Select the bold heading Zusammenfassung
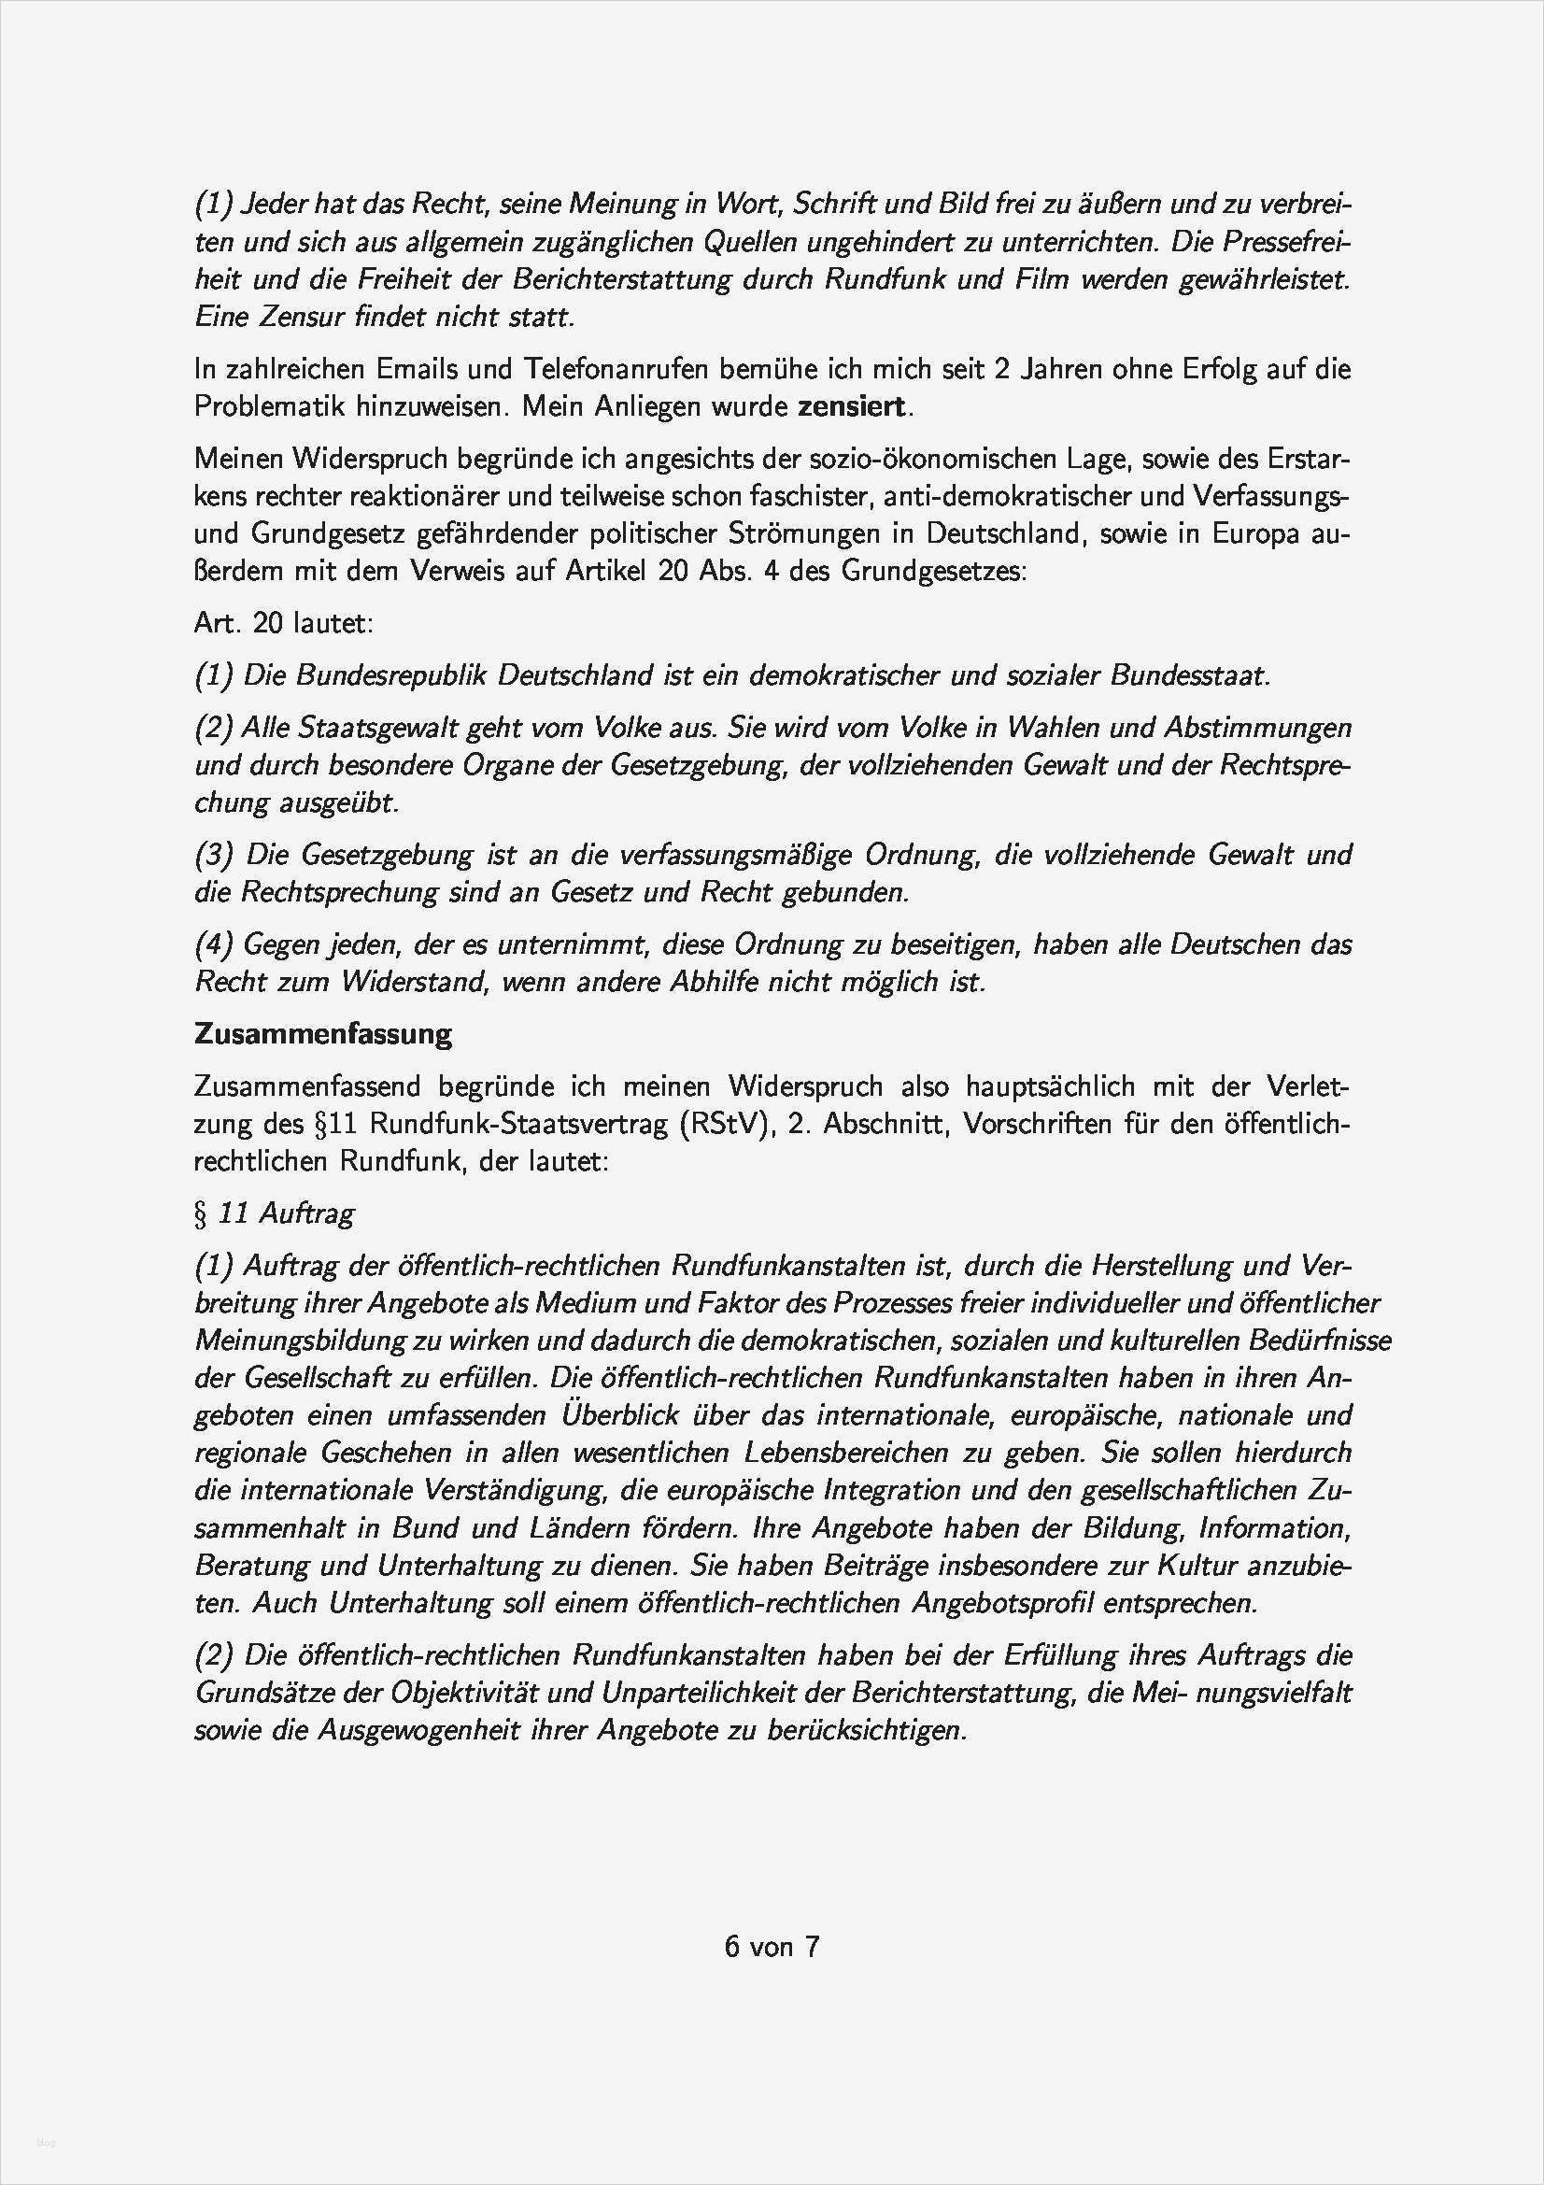coord(322,1033)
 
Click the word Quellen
coord(748,243)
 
